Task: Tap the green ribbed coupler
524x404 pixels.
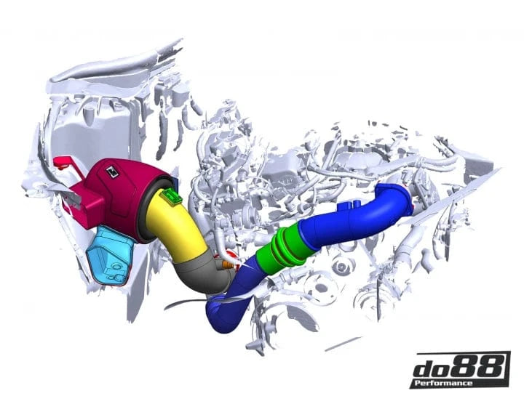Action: point(287,248)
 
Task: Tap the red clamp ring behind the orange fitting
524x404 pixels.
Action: point(233,256)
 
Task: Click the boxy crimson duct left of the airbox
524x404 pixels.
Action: point(84,200)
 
